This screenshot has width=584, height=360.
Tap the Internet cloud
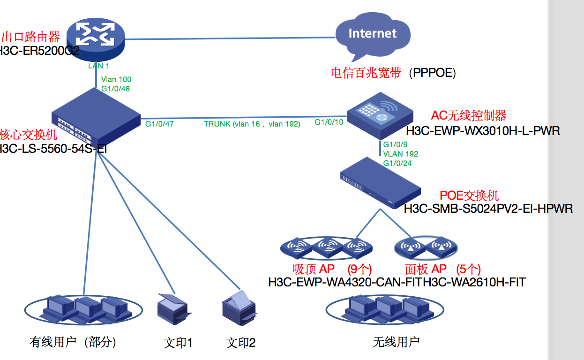373,35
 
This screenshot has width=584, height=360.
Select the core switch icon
97,117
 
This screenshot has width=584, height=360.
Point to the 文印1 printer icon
172,309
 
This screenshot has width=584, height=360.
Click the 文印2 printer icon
239,307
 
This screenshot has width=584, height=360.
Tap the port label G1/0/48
115,88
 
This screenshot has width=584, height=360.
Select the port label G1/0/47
159,124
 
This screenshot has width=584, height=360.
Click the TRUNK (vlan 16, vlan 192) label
252,124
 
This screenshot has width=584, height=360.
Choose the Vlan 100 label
116,80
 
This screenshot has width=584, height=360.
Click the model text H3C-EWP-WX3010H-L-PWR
483,131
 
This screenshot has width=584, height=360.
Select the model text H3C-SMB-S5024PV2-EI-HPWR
488,208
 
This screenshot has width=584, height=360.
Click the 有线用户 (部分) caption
73,342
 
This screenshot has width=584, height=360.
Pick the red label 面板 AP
426,269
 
